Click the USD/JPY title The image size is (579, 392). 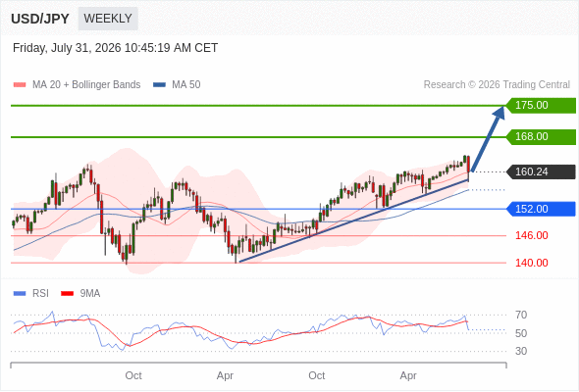click(x=40, y=19)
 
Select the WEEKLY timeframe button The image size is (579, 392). click(x=108, y=19)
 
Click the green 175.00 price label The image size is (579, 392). click(x=541, y=105)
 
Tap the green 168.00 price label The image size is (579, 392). click(x=541, y=136)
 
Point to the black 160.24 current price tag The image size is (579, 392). click(x=541, y=171)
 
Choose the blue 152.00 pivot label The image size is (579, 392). click(x=541, y=209)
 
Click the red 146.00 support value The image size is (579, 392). click(x=532, y=235)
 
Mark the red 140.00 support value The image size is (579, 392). click(x=532, y=263)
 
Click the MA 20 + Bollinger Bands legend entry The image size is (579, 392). click(x=77, y=85)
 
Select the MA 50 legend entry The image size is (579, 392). click(x=177, y=85)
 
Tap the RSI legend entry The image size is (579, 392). click(x=31, y=294)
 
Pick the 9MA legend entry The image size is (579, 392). click(x=80, y=294)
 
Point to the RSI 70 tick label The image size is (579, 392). click(x=521, y=315)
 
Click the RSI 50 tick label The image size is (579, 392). click(x=521, y=333)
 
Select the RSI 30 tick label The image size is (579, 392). click(x=521, y=351)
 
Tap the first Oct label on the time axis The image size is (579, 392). click(x=133, y=375)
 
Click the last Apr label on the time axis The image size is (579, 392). click(x=408, y=375)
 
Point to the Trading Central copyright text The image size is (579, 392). click(x=497, y=85)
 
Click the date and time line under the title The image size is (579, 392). click(x=115, y=48)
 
